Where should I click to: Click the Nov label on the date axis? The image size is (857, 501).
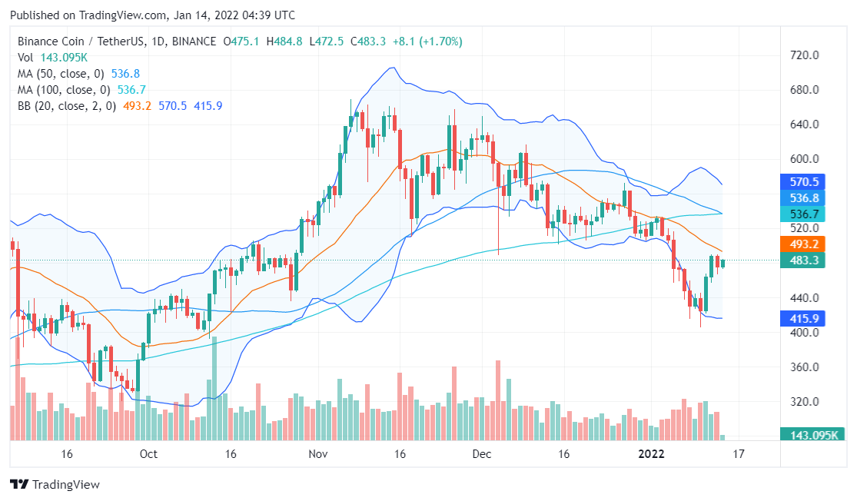pos(317,454)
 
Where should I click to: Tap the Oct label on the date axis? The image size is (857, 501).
pos(148,454)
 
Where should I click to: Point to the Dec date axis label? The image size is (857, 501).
pos(482,454)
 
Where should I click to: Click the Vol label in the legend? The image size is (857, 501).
pos(25,58)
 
